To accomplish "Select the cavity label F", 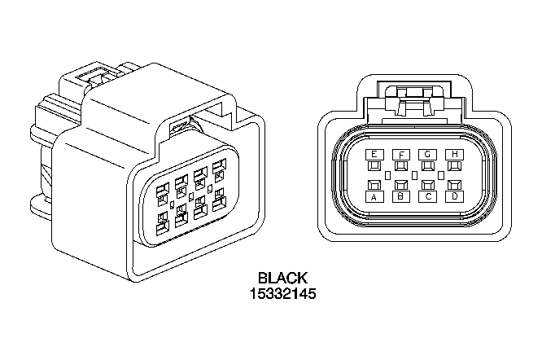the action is coord(401,155).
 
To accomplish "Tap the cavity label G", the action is coord(427,154).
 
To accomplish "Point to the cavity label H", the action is coord(454,154).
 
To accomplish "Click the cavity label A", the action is coord(374,197).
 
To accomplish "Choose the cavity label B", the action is coord(401,196).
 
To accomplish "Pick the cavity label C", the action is coord(427,197).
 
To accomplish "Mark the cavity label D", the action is coord(454,196).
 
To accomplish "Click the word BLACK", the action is coord(282,278).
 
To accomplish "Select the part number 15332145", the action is coord(282,293).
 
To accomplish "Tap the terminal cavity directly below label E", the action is coord(374,166).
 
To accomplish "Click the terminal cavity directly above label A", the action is coord(374,185).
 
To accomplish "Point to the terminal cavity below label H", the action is coord(454,166).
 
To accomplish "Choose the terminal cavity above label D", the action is coord(454,185).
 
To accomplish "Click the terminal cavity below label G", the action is coord(427,166).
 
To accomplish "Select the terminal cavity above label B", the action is coord(401,185).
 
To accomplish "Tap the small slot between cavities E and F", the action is coord(387,175).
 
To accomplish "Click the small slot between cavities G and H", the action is coord(441,175).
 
